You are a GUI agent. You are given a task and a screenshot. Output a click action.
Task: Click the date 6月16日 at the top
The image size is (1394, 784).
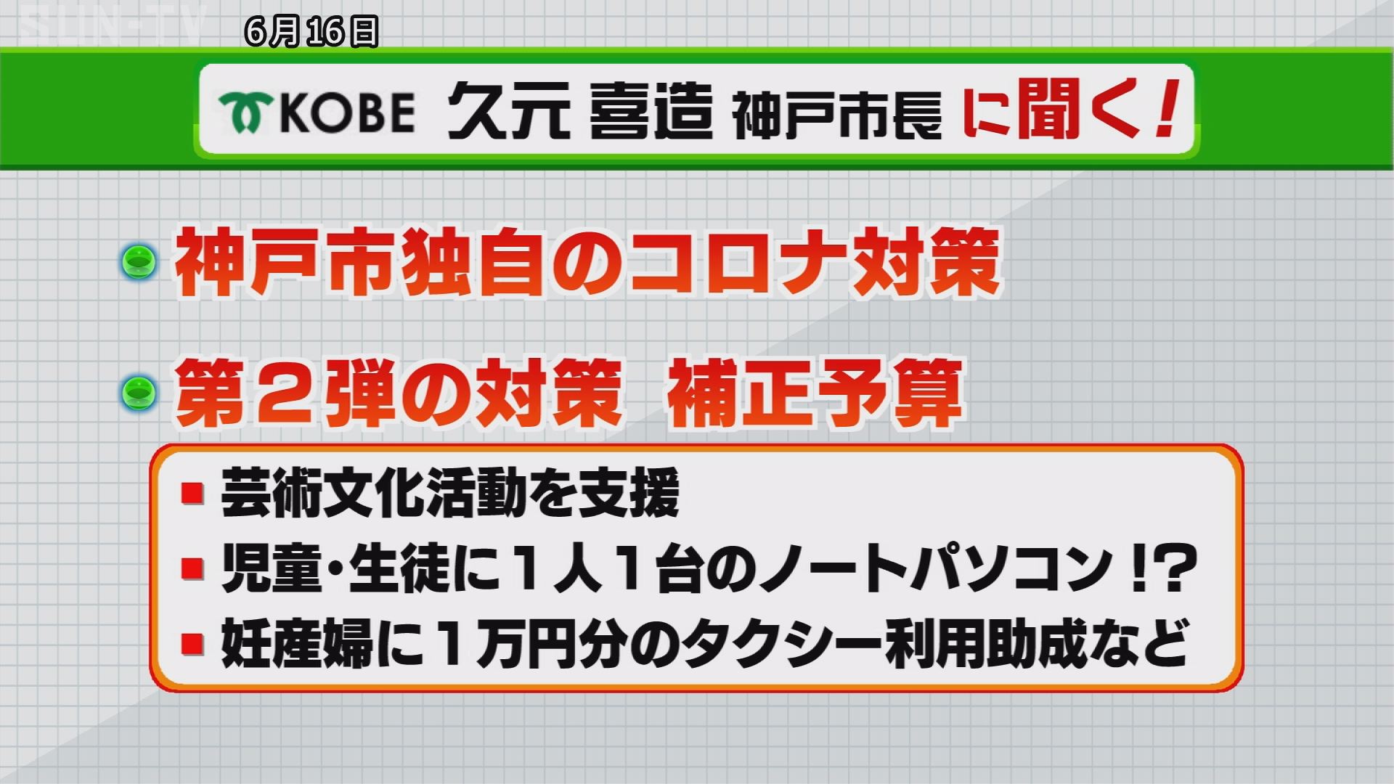(312, 32)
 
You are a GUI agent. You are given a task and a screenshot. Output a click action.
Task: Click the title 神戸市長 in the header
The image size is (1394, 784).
(837, 115)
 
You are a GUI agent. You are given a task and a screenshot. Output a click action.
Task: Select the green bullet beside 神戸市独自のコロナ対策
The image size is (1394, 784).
(139, 261)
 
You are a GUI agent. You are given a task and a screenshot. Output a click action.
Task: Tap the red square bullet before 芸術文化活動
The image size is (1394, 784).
(192, 494)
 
